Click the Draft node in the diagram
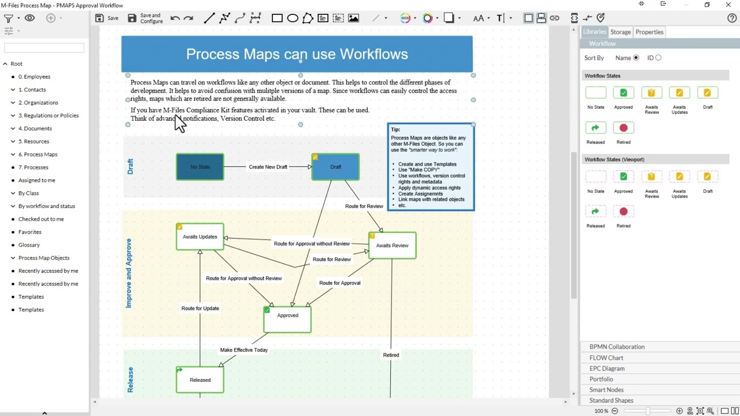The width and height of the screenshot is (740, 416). (335, 167)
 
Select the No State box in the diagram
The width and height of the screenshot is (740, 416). (200, 167)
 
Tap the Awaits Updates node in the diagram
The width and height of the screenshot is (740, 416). (200, 237)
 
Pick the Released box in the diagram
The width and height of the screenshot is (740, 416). (200, 380)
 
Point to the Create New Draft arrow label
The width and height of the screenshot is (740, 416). (268, 167)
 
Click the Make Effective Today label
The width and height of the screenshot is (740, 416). (243, 350)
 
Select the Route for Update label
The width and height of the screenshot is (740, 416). (200, 309)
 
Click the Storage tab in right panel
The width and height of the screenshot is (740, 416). (620, 32)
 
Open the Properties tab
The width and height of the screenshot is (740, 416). (649, 32)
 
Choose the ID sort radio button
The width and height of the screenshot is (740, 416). (658, 58)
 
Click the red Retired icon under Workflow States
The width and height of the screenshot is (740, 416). (623, 128)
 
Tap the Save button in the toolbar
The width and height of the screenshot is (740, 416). (106, 18)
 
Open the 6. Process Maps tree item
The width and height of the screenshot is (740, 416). (38, 154)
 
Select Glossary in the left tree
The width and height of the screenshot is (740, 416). (29, 245)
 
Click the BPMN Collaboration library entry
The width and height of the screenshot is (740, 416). (617, 347)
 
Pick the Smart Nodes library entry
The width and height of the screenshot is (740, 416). (606, 390)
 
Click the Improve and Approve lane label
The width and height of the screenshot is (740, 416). (128, 273)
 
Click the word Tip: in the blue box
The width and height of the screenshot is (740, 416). (395, 129)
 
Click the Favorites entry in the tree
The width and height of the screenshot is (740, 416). (29, 232)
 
